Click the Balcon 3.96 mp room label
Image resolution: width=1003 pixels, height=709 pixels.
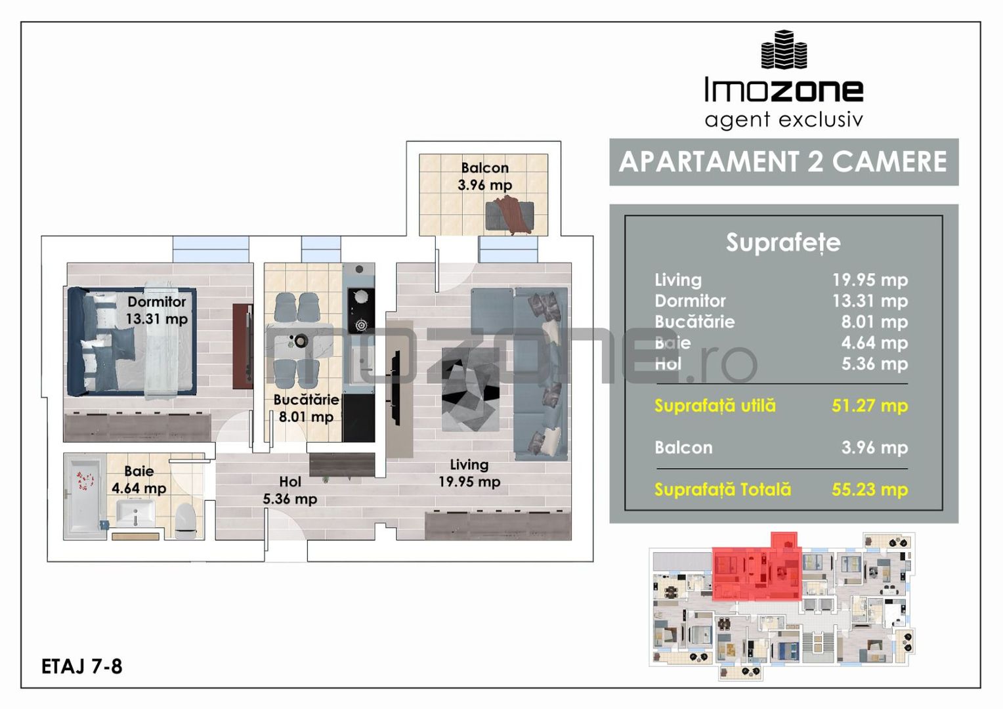coord(484,177)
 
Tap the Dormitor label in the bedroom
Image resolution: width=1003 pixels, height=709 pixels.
coord(157,302)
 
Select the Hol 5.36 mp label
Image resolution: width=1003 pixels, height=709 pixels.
coord(289,490)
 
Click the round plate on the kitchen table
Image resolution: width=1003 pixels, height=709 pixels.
coord(300,341)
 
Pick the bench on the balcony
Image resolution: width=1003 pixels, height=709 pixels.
coord(509,217)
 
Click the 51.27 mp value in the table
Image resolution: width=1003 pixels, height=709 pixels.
coord(869,406)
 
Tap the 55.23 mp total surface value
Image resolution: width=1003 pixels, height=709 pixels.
coord(869,490)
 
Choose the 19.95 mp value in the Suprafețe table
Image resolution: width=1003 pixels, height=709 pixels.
coord(869,280)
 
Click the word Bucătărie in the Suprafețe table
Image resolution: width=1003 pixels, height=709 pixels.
coord(694,322)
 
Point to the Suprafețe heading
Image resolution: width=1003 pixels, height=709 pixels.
coord(782,242)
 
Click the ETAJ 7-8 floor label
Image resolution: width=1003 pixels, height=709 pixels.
coord(82,666)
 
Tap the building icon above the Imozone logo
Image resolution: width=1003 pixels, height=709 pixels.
coord(783,50)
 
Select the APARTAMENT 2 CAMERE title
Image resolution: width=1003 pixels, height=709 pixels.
coord(783,161)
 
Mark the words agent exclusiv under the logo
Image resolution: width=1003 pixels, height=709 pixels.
coord(783,120)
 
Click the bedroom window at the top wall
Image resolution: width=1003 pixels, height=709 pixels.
coord(211,249)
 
